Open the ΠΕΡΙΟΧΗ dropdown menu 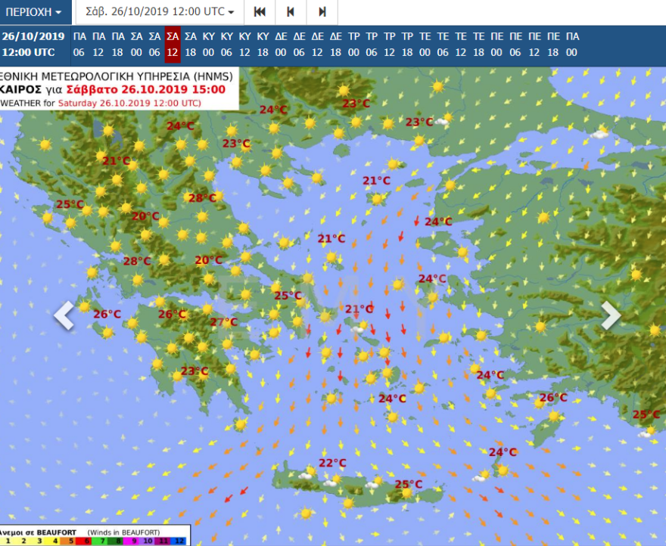tap(35, 12)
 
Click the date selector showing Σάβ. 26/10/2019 tap(181, 12)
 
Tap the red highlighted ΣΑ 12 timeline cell tap(173, 44)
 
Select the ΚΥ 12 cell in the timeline tap(244, 44)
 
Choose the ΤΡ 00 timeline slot tap(353, 44)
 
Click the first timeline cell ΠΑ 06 tap(79, 44)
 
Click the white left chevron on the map tap(64, 315)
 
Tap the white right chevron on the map tap(610, 315)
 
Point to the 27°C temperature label tap(223, 322)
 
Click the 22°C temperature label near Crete tap(331, 463)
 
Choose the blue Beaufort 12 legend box tap(179, 541)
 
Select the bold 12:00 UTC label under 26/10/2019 tap(28, 52)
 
